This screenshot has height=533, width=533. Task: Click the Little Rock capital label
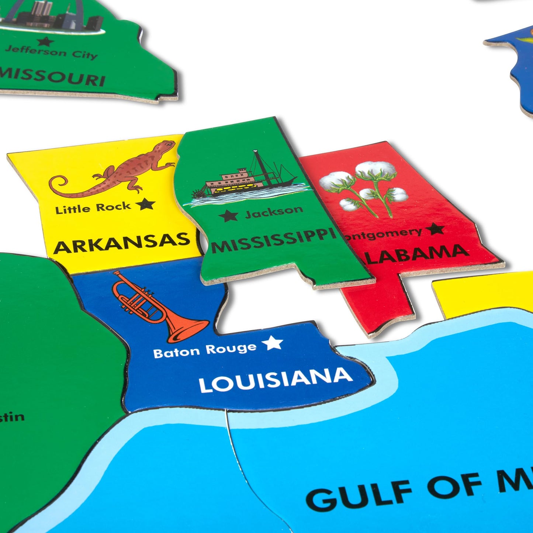pyautogui.click(x=93, y=208)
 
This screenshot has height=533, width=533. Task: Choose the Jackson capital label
pyautogui.click(x=274, y=212)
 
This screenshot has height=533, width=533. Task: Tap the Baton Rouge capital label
pyautogui.click(x=205, y=350)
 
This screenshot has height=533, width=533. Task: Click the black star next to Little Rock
pyautogui.click(x=145, y=204)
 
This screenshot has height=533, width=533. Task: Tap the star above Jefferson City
pyautogui.click(x=46, y=41)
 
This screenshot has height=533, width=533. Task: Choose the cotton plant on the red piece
pyautogui.click(x=365, y=188)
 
